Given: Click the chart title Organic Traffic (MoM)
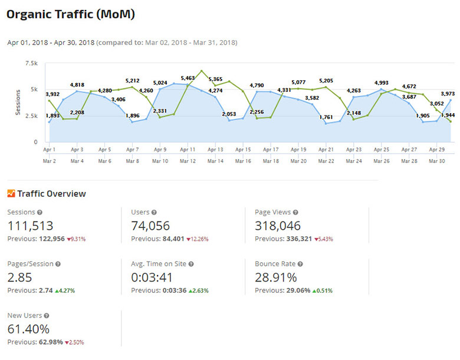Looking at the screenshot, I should [70, 14].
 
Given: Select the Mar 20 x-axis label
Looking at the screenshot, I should [298, 160].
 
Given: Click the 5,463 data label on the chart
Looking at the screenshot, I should [188, 78].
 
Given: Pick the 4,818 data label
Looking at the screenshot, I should [77, 84].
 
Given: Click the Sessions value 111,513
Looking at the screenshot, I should [30, 225].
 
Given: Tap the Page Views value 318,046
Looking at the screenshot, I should [278, 225].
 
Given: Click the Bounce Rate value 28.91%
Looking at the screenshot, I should [275, 277].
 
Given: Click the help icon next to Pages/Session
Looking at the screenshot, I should [57, 264].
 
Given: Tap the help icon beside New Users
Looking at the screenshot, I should [47, 316].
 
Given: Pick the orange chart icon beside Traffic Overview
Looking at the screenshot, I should [11, 193].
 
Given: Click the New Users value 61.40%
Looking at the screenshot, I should [28, 329].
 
